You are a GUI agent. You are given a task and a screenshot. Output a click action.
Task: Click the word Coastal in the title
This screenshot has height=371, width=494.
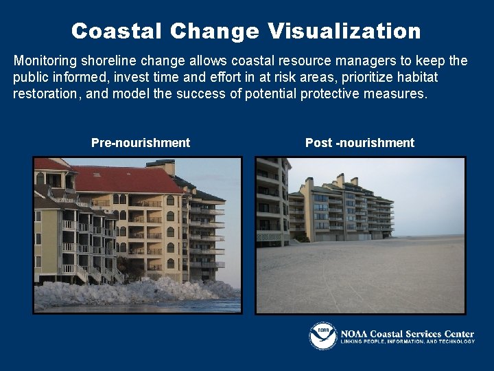click(x=117, y=31)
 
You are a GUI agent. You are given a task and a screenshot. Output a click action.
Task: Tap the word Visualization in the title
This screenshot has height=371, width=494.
click(x=344, y=31)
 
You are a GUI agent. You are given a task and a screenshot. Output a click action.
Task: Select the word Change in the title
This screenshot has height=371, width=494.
click(x=215, y=31)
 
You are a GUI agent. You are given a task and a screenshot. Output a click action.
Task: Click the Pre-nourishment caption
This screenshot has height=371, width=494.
click(x=141, y=143)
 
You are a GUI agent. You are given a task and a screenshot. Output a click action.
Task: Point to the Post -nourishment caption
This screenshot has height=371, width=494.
click(x=360, y=143)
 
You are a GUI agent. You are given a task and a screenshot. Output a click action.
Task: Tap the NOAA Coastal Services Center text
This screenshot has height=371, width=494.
click(x=408, y=334)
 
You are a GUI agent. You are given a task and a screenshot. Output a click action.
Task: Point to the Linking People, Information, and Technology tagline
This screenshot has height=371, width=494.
click(x=408, y=341)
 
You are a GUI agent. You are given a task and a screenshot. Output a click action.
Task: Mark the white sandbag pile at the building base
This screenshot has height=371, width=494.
click(x=130, y=292)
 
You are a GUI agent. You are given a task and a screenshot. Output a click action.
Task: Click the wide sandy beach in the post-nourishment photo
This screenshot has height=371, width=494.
click(x=360, y=275)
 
